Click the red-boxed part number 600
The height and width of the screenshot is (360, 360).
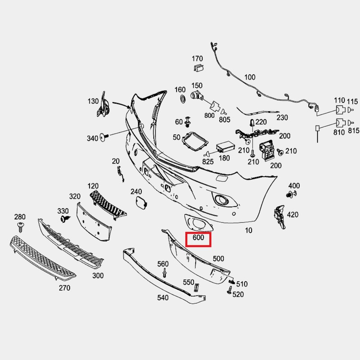(x=198, y=238)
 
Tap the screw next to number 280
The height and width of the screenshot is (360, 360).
(x=21, y=227)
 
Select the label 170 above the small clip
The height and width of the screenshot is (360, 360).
(x=198, y=59)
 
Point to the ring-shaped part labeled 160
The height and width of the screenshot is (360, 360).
(x=183, y=99)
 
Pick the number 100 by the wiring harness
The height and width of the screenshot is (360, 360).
(x=250, y=77)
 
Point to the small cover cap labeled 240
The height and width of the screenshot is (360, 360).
(x=141, y=202)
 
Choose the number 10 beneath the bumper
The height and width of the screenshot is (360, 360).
(x=249, y=230)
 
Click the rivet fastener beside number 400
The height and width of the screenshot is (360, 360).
(x=291, y=194)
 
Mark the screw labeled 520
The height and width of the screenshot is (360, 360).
(x=229, y=290)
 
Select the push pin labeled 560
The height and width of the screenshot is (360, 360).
(x=164, y=273)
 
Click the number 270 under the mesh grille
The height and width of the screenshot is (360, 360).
(x=64, y=288)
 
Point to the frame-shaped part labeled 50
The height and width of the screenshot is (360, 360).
(x=195, y=141)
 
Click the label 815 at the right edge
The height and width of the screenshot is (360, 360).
(x=354, y=130)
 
